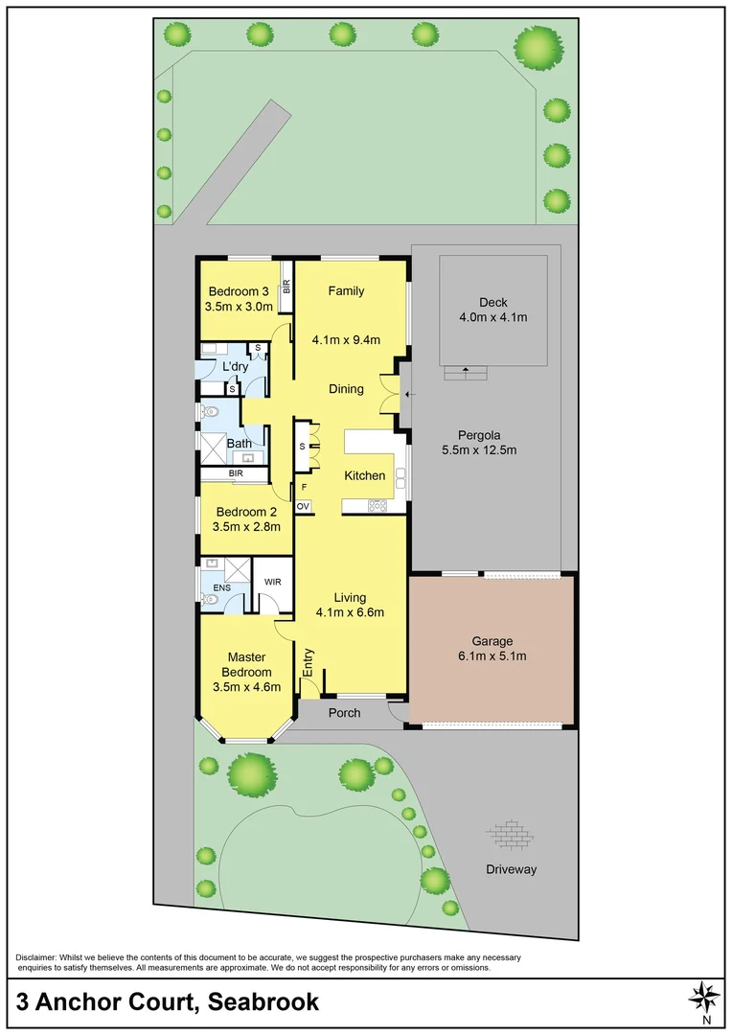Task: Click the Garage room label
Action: point(492,641)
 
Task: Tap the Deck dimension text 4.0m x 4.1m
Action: point(492,316)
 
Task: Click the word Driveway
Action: point(510,869)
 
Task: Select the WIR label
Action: point(273,582)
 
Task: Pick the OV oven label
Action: point(303,505)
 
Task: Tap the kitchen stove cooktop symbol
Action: point(377,505)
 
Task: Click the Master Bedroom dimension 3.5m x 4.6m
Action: point(246,686)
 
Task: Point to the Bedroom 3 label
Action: point(240,291)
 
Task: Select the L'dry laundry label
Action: point(236,368)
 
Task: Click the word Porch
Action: point(344,712)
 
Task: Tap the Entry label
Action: point(309,664)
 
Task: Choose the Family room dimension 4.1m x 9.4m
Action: point(346,339)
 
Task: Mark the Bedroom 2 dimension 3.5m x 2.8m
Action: point(246,526)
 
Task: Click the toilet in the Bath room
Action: point(211,413)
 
